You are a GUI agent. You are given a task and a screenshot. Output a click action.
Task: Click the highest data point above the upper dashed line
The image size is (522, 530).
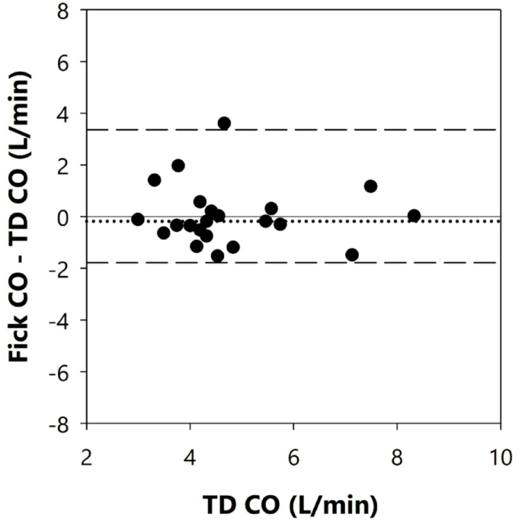[224, 123]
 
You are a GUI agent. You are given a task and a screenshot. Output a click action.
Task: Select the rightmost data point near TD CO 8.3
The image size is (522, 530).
[414, 216]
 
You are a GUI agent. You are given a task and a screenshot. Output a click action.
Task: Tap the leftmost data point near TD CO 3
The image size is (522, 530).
[138, 219]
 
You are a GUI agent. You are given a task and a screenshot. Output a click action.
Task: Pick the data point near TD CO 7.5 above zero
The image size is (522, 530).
[371, 186]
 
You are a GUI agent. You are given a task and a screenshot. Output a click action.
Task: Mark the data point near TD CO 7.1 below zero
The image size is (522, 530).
[352, 255]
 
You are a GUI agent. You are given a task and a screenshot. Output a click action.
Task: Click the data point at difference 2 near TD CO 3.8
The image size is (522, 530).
[178, 165]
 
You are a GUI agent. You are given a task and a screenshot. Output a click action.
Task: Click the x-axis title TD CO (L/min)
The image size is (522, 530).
[289, 505]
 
